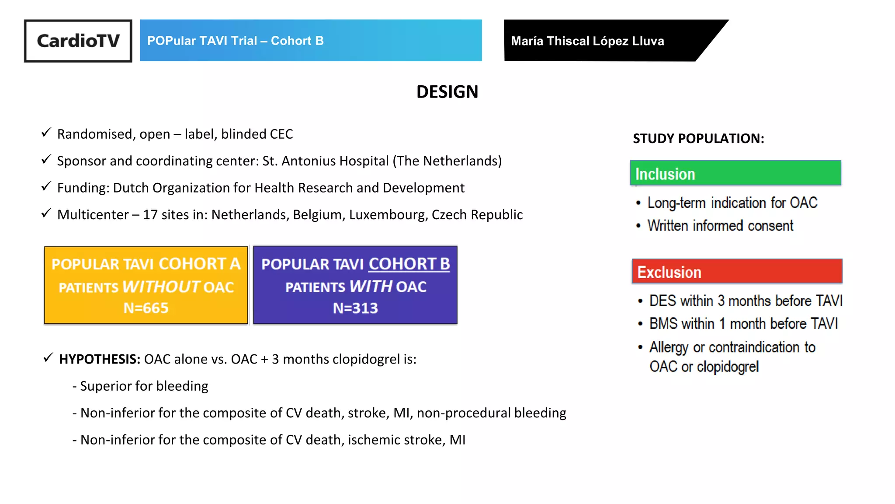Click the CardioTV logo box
78,41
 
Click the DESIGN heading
447,92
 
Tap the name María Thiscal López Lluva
587,41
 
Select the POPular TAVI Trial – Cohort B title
235,41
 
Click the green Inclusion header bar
735,173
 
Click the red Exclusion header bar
736,272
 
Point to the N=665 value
146,308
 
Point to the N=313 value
355,308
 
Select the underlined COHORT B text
409,264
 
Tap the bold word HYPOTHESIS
100,359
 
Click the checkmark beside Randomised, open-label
46,133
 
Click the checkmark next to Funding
46,186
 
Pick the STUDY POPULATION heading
698,139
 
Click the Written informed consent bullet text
720,226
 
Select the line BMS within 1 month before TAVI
743,324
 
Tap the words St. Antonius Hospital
325,161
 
